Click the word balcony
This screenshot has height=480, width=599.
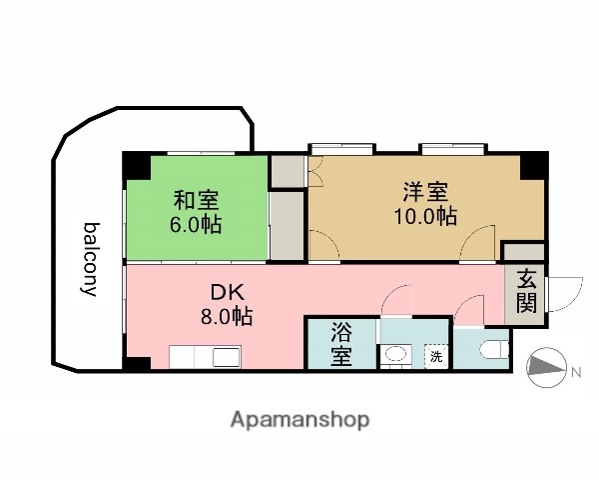89,259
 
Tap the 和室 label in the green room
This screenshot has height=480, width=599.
196,200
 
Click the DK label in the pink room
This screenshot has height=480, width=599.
225,293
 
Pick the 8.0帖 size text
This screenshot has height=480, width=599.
225,317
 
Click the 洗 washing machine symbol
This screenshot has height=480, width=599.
435,354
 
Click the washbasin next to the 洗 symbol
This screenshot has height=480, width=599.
395,354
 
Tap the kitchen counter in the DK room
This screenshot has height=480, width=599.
204,356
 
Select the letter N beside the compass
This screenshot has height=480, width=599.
576,374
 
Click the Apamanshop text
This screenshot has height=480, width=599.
299,419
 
